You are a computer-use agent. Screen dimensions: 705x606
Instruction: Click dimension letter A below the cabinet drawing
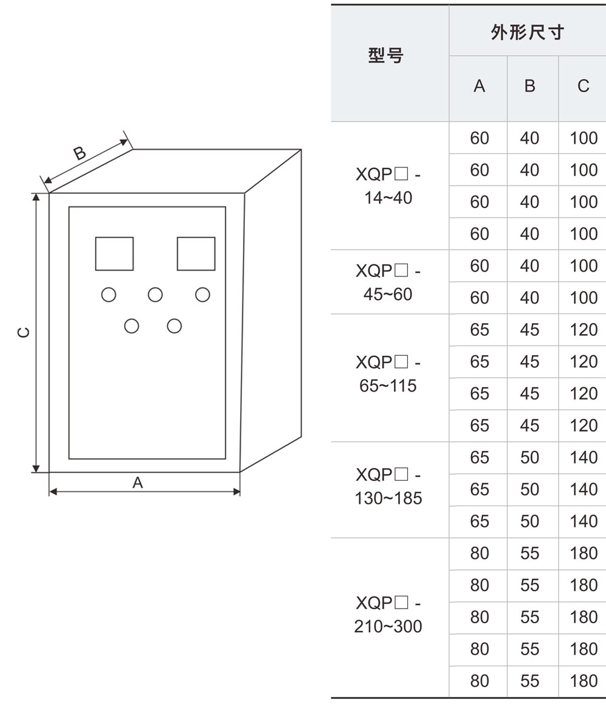(138, 483)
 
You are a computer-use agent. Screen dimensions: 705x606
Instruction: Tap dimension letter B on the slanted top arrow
(80, 153)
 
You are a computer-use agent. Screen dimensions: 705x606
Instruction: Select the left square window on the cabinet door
(114, 253)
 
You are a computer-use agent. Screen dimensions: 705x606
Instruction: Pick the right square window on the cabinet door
(196, 253)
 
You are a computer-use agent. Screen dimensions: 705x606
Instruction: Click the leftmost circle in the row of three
(108, 295)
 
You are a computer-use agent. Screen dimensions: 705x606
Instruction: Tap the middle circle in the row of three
(155, 295)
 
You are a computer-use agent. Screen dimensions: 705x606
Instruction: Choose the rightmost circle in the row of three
(202, 295)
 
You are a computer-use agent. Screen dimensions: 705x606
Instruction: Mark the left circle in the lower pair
(132, 326)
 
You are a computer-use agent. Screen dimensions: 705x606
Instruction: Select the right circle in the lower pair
(175, 326)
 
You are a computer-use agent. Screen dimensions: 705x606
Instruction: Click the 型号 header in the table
(386, 56)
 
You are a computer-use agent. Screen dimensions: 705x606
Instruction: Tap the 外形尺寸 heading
(527, 32)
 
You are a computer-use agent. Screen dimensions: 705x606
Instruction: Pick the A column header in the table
(479, 87)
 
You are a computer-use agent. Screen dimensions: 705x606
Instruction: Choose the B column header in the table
(530, 87)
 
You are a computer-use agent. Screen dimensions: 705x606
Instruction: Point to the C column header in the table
(583, 87)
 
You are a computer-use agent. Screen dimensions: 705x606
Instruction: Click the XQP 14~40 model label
(388, 186)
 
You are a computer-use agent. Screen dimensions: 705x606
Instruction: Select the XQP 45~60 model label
(388, 282)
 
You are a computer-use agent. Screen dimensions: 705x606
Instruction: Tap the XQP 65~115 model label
(388, 374)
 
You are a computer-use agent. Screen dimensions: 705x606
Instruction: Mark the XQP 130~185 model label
(388, 486)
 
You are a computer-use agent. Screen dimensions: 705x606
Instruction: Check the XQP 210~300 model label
(388, 615)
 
